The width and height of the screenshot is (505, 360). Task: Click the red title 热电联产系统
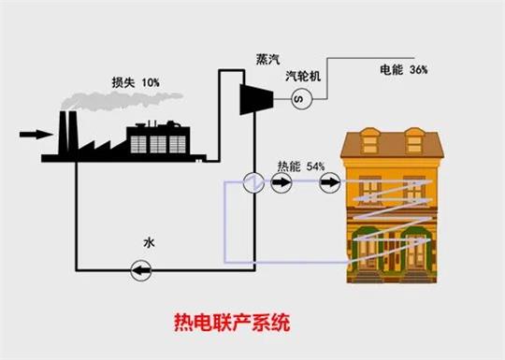pyautogui.click(x=232, y=324)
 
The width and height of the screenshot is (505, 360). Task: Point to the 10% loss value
pyautogui.click(x=149, y=83)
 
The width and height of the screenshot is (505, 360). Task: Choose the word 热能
pyautogui.click(x=289, y=166)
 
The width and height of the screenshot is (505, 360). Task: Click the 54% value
pyautogui.click(x=314, y=166)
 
